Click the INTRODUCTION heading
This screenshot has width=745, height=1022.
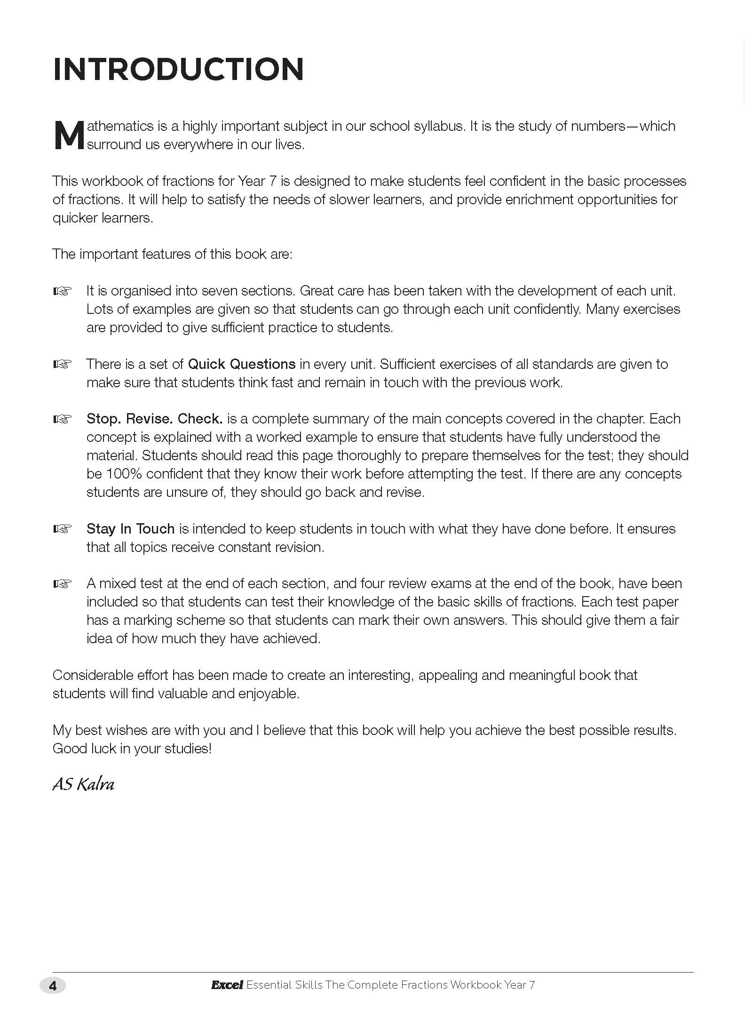pos(178,69)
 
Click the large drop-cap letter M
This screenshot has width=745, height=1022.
pos(69,136)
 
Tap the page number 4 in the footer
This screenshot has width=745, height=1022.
pos(53,986)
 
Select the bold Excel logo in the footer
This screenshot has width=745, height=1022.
pos(227,985)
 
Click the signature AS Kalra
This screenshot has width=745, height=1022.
pos(83,784)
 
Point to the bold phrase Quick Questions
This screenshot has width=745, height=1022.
pos(242,364)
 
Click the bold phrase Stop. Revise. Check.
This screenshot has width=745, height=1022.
pos(154,419)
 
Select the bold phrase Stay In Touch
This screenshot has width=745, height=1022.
pos(130,529)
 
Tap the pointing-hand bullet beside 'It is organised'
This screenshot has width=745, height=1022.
pos(62,292)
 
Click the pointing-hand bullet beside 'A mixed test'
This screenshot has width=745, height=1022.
pos(62,584)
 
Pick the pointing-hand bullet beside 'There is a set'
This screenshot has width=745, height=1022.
pos(62,365)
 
